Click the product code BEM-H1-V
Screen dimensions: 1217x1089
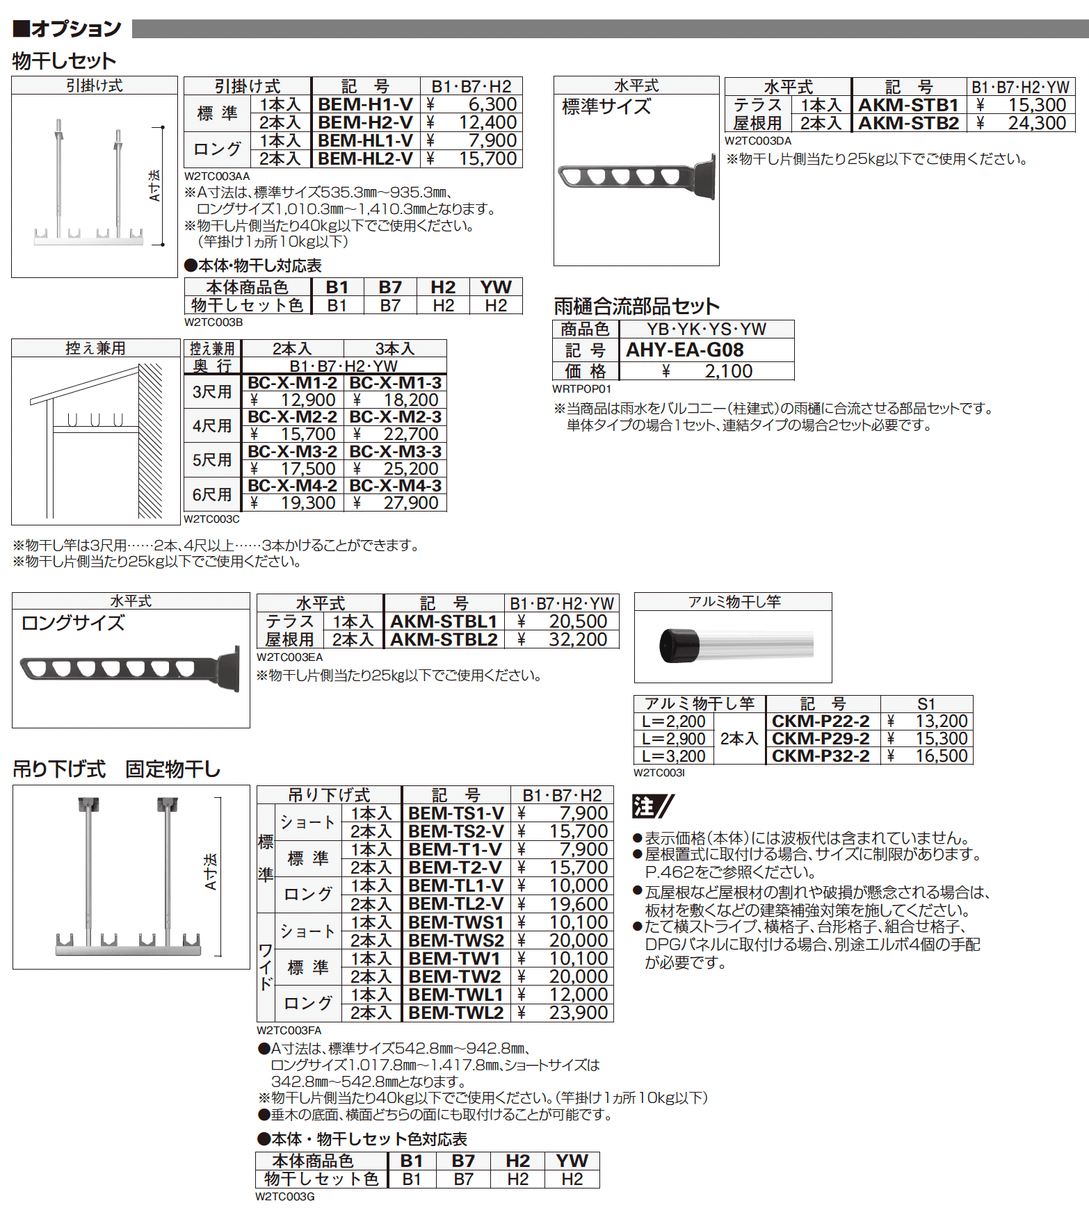point(365,104)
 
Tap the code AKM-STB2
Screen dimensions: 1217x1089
point(908,123)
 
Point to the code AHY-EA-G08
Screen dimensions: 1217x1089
point(685,350)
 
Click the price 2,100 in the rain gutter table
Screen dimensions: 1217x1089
point(728,371)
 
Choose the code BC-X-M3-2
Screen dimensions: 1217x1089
point(292,451)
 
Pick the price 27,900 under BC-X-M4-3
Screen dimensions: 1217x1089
point(410,503)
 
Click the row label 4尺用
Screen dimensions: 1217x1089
point(212,425)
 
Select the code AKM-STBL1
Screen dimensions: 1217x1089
point(444,621)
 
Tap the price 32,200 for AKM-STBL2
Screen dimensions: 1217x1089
point(578,639)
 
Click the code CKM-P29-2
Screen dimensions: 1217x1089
point(821,738)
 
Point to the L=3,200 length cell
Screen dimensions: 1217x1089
point(673,756)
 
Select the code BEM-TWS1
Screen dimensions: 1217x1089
point(455,922)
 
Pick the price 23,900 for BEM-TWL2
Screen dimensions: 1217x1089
point(578,1013)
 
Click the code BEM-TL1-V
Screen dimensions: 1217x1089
point(455,885)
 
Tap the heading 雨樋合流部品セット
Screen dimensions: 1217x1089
point(636,306)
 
